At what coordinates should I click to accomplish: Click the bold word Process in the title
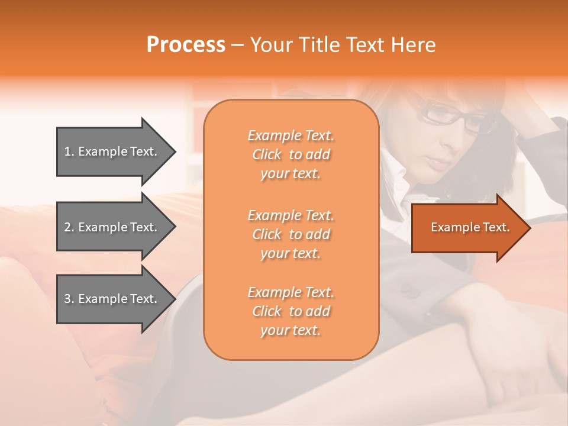point(186,45)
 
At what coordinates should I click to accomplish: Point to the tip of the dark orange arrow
point(529,227)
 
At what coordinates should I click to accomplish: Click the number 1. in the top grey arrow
point(69,151)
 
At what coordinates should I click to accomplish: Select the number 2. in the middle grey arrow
point(69,227)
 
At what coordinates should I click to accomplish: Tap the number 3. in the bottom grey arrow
point(69,299)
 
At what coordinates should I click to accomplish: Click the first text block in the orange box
point(291,154)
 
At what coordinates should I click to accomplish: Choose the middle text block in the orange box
point(291,234)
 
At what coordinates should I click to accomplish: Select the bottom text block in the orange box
point(291,311)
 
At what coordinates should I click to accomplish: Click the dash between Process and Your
point(238,45)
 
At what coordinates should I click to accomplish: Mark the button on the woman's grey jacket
point(409,289)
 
